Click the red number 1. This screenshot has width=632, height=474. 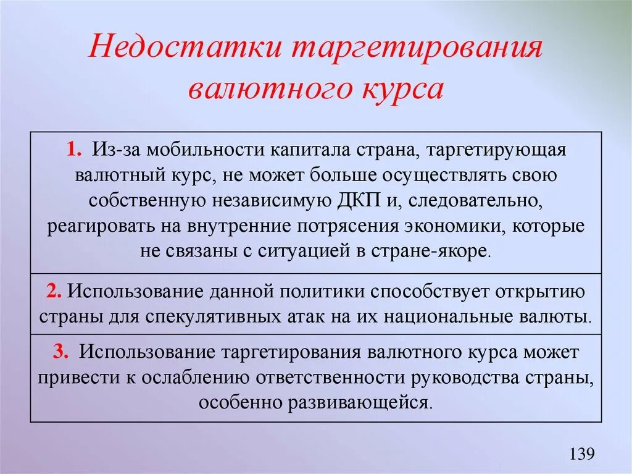pyautogui.click(x=80, y=150)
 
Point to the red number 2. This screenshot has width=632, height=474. pyautogui.click(x=53, y=290)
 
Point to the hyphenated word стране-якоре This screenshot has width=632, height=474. pyautogui.click(x=443, y=252)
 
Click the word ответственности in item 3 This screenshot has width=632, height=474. pyautogui.click(x=331, y=378)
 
